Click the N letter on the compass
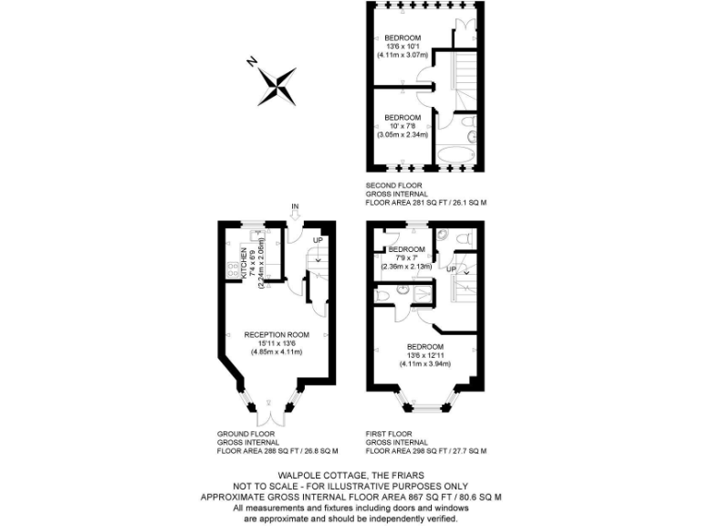point(252,63)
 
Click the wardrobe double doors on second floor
point(466,27)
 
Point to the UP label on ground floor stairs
point(318,241)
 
